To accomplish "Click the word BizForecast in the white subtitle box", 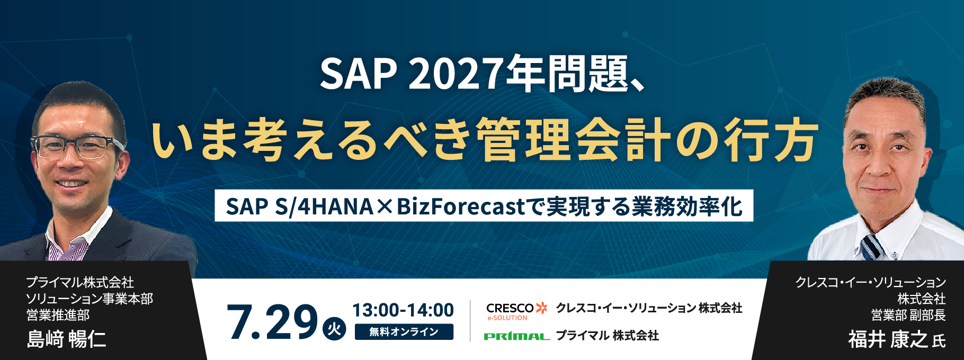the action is tap(461, 206).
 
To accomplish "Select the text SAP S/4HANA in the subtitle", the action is tap(299, 206).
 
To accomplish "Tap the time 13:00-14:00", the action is tap(403, 310).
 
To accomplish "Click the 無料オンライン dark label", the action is tap(404, 332).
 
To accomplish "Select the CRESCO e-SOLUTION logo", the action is tap(516, 311).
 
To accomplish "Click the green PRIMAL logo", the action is tap(516, 336).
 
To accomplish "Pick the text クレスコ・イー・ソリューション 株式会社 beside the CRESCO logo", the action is tap(649, 308).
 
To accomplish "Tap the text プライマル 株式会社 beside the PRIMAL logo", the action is tap(607, 336).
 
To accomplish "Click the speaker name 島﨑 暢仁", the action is tap(67, 339).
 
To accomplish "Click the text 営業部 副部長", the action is tap(908, 316).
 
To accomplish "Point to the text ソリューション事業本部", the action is tap(90, 299).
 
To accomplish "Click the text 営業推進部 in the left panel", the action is tap(58, 316).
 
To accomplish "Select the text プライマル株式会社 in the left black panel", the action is tap(80, 283).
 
